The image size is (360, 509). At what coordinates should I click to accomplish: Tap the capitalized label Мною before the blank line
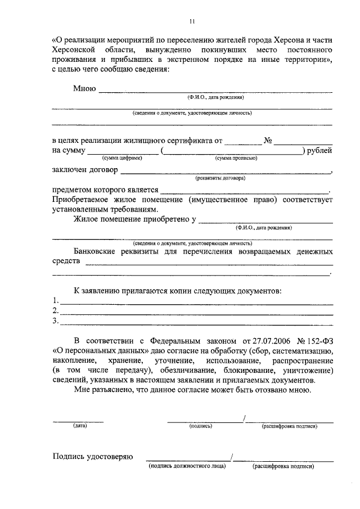pyautogui.click(x=84, y=88)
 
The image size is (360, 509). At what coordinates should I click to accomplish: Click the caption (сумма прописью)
pyautogui.click(x=236, y=159)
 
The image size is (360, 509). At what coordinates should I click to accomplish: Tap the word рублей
pyautogui.click(x=320, y=150)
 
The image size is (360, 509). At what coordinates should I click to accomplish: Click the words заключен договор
pyautogui.click(x=85, y=170)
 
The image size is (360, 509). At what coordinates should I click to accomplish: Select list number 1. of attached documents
pyautogui.click(x=55, y=300)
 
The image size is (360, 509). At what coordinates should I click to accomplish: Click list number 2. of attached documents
pyautogui.click(x=55, y=310)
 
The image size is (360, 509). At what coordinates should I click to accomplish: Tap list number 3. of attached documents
pyautogui.click(x=55, y=321)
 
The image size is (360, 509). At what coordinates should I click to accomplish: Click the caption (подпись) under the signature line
pyautogui.click(x=200, y=426)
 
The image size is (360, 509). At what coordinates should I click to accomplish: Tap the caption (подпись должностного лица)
pyautogui.click(x=187, y=466)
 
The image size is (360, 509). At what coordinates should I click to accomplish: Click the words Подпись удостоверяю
pyautogui.click(x=92, y=456)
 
